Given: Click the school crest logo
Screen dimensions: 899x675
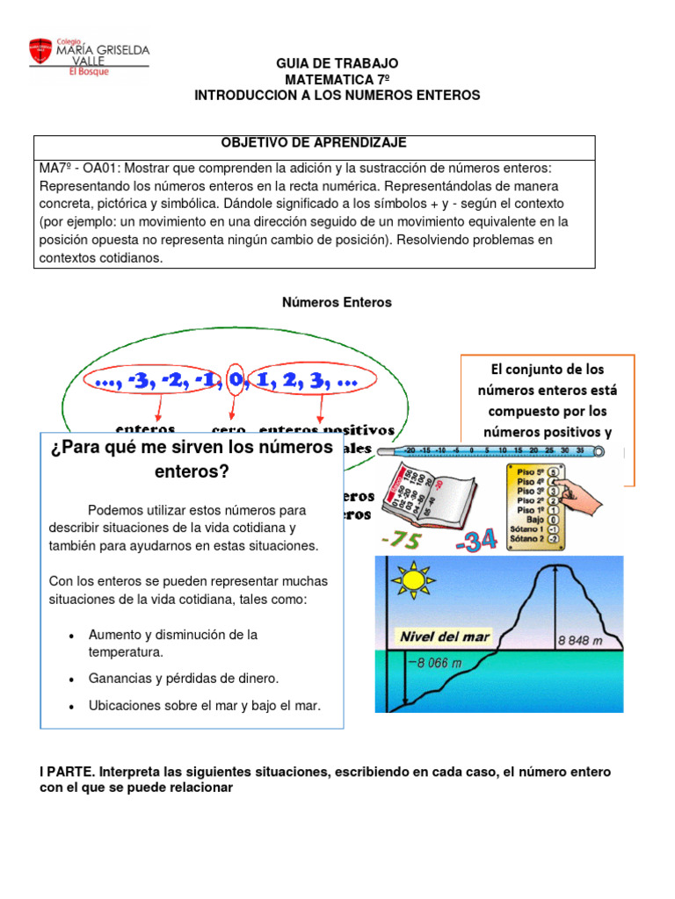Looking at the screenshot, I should tap(40, 51).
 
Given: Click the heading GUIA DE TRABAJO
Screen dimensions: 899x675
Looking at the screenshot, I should tap(337, 63).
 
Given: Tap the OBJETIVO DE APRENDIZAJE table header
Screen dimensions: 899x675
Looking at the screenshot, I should tap(314, 143).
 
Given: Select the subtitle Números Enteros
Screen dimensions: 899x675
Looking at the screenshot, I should tap(337, 302).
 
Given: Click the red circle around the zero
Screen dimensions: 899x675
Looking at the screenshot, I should tap(235, 381).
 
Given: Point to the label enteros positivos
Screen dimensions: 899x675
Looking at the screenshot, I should tap(326, 429).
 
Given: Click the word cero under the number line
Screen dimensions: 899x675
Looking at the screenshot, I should tap(229, 429).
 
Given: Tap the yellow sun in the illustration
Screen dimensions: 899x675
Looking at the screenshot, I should tap(412, 579).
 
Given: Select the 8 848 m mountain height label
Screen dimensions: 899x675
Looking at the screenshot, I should tap(579, 640).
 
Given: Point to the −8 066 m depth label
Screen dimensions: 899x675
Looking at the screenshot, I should tap(434, 663).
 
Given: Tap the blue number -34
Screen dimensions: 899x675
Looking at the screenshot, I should tap(476, 542).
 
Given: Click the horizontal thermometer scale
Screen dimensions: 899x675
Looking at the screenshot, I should tap(488, 452).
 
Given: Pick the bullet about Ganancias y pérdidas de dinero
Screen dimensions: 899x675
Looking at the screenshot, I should tap(183, 679).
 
